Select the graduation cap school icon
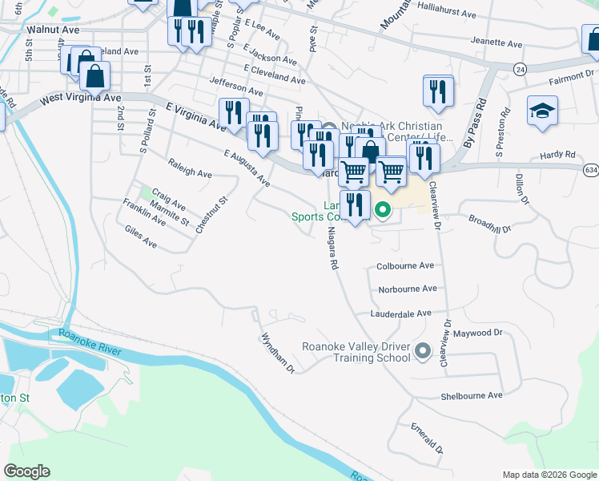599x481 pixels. point(542,112)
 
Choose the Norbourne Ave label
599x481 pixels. point(408,289)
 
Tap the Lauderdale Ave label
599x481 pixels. point(400,313)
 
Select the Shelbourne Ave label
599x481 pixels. point(472,395)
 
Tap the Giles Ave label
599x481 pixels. point(141,236)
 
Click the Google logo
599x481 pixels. point(27,471)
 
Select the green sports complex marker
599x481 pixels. point(383,211)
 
